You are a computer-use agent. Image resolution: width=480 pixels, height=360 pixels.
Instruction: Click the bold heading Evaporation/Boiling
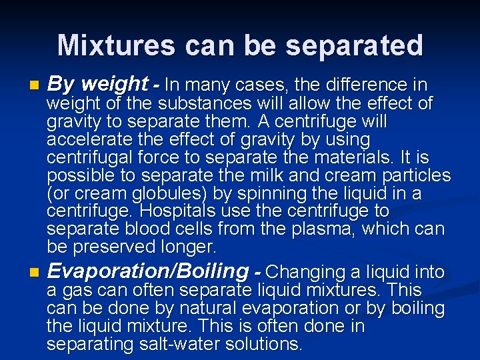(147, 271)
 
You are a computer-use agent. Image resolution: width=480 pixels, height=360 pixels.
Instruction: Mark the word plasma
(323, 229)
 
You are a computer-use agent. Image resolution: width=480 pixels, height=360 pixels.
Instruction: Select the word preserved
(120, 247)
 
